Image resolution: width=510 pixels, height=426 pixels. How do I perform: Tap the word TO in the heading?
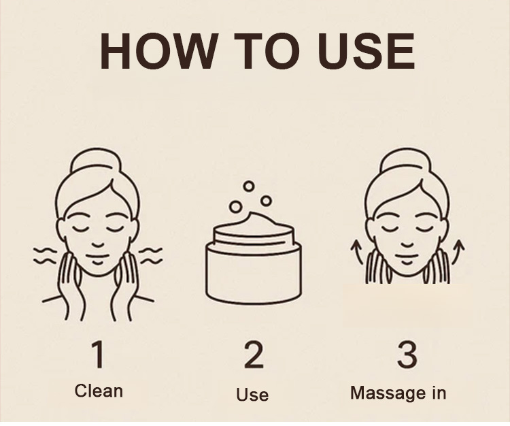pyautogui.click(x=267, y=52)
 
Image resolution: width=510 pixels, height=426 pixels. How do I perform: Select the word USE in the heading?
pyautogui.click(x=367, y=52)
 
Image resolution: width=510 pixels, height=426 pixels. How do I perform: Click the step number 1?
pyautogui.click(x=98, y=355)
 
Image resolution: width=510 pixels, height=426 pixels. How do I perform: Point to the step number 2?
pyautogui.click(x=254, y=355)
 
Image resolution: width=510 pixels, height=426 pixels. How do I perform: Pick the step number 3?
pyautogui.click(x=407, y=355)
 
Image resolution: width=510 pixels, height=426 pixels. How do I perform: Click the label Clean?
pyautogui.click(x=99, y=391)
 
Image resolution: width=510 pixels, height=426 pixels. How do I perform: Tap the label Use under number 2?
pyautogui.click(x=252, y=395)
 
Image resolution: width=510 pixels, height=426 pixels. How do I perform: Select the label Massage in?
pyautogui.click(x=398, y=393)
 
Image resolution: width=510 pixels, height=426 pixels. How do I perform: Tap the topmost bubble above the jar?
pyautogui.click(x=249, y=186)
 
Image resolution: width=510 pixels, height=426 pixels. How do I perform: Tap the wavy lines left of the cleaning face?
pyautogui.click(x=45, y=255)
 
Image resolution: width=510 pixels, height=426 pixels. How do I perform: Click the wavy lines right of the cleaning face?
pyautogui.click(x=150, y=255)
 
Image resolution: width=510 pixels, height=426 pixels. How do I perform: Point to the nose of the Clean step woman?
pyautogui.click(x=97, y=245)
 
